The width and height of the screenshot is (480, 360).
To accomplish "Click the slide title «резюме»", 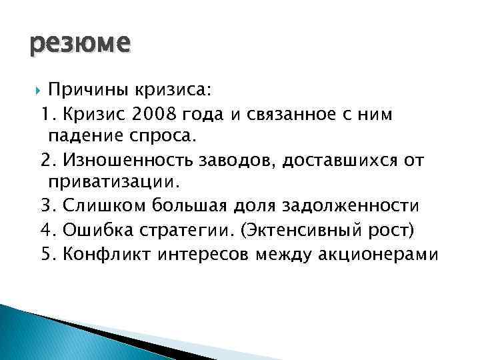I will [80, 45].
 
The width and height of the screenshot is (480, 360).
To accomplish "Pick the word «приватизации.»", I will [114, 183].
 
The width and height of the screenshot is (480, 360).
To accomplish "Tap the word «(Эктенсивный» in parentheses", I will [293, 230].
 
